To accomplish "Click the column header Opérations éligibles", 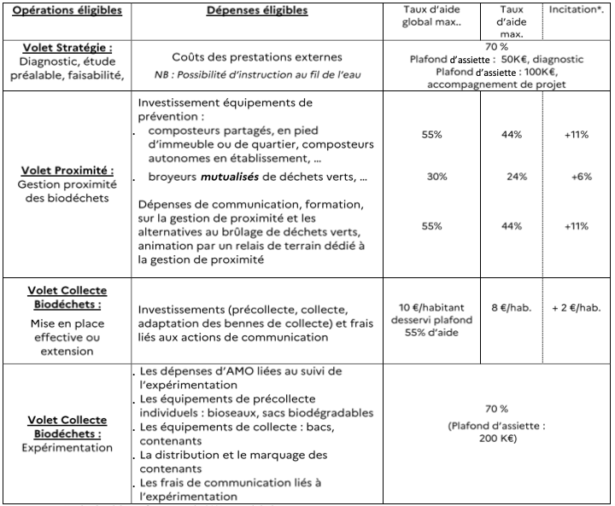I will point(67,11).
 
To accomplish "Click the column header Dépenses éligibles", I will point(257,11).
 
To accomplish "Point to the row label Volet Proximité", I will point(67,171).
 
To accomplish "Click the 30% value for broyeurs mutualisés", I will point(433,177).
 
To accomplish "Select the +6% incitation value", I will point(577,177).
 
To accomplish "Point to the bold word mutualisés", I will point(228,178).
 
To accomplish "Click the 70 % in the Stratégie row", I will point(495,46).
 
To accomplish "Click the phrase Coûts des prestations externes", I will point(257,57).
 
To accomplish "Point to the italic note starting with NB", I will point(257,74).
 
